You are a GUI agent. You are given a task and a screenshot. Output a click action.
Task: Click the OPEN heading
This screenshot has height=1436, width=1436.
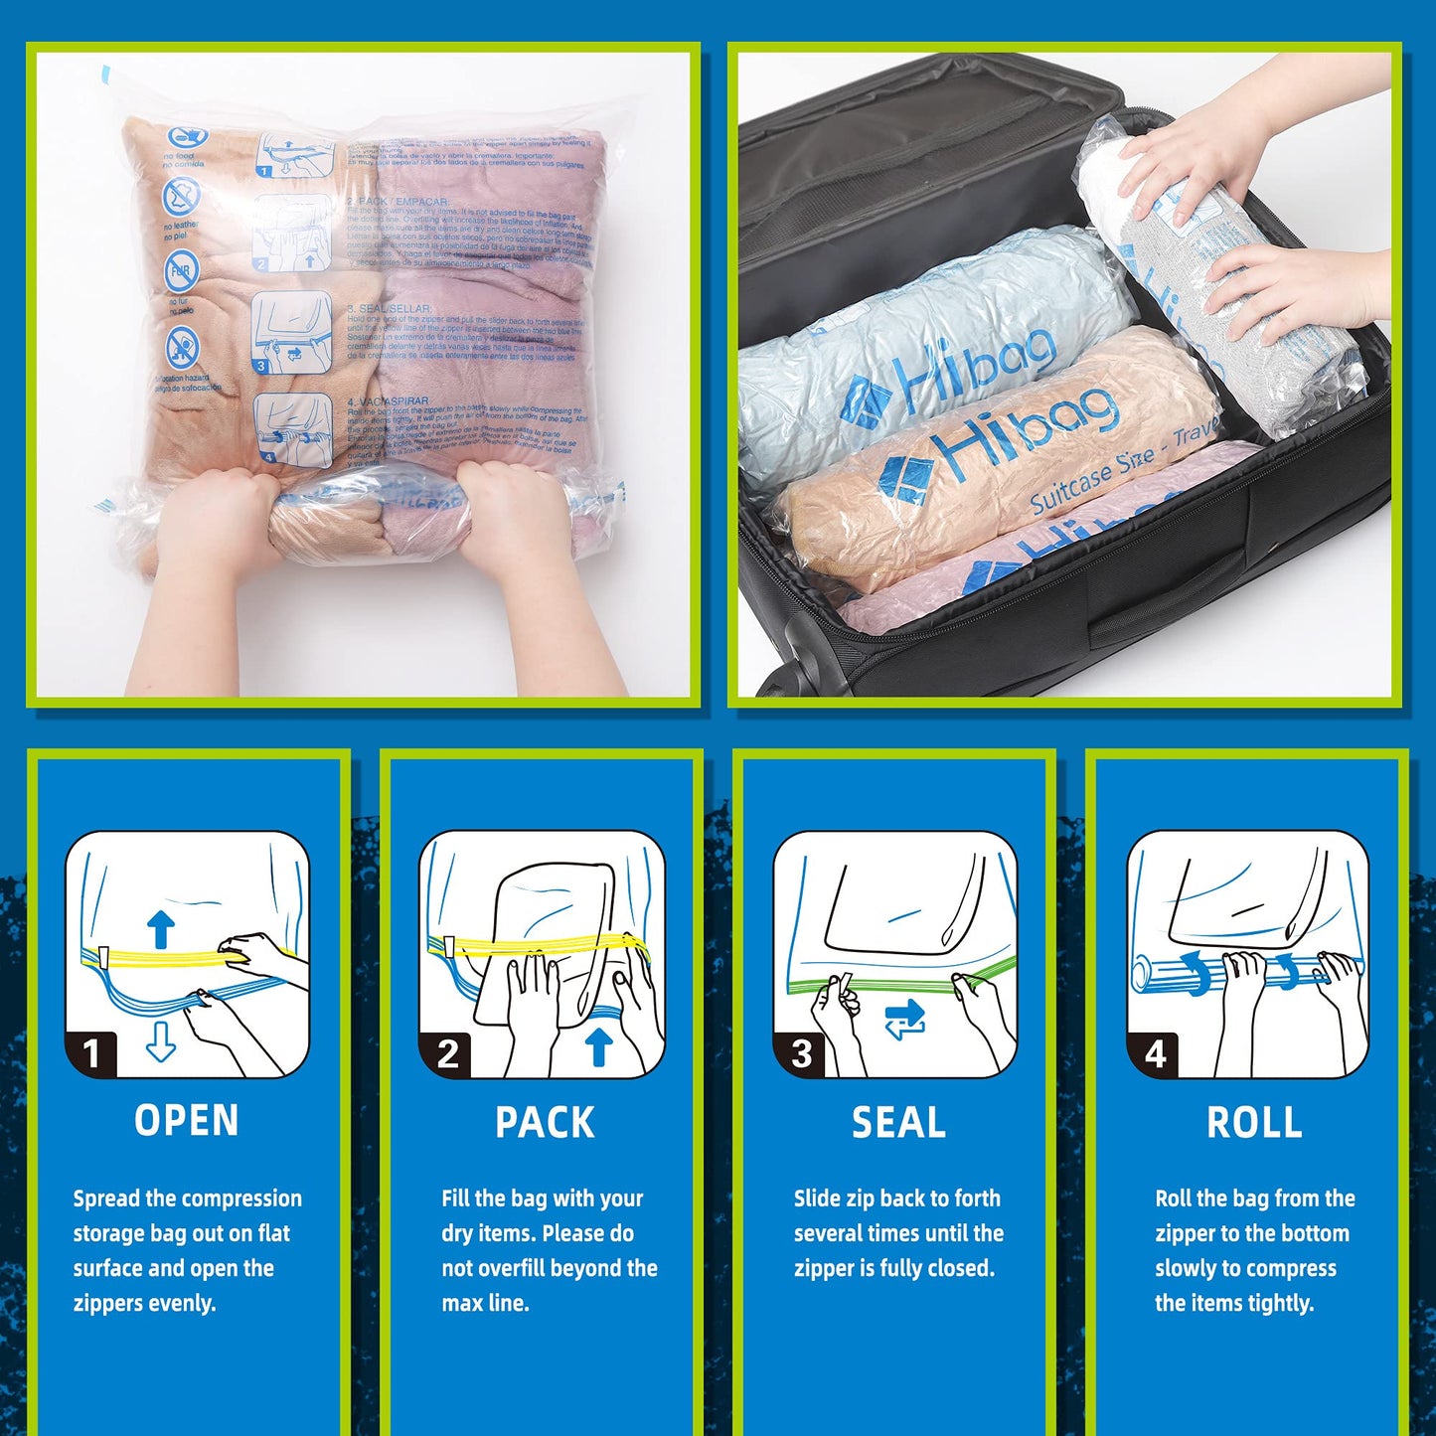point(187,1120)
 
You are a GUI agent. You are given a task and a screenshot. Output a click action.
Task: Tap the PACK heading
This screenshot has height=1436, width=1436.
point(545,1122)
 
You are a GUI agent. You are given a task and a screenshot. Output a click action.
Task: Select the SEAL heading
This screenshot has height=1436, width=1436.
point(898,1122)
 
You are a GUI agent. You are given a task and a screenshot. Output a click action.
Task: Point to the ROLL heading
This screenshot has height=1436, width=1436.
point(1254,1122)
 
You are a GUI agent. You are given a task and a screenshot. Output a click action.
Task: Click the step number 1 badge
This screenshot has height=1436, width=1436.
point(91,1053)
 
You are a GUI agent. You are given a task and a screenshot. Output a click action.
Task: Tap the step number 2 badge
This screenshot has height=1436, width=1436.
point(447,1053)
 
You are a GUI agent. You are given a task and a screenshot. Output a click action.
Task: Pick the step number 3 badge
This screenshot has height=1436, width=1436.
point(801,1053)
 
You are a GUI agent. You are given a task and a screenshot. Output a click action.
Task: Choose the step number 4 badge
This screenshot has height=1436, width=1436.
point(1155,1053)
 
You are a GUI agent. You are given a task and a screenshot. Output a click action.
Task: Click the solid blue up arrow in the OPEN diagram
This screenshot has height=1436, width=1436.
point(160,930)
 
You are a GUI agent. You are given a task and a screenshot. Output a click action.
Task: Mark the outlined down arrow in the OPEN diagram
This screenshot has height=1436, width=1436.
point(160,1041)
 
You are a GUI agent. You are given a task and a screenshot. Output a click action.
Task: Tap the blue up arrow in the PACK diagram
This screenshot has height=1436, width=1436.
point(597,1046)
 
